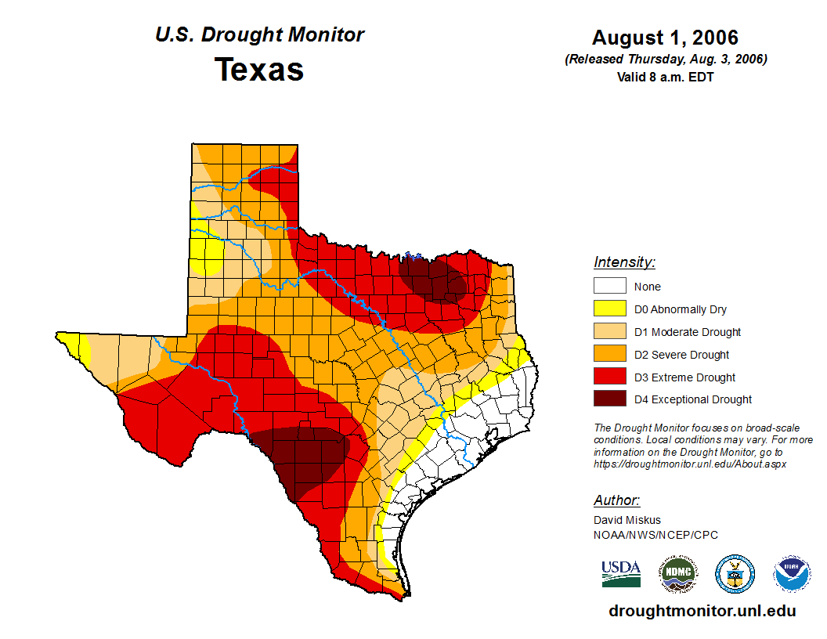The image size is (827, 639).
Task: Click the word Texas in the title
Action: [259, 70]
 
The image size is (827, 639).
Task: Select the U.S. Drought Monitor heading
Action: [259, 34]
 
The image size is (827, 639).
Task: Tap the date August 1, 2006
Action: [665, 38]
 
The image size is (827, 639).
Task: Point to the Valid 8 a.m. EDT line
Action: [665, 77]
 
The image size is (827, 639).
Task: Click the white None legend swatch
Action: [609, 287]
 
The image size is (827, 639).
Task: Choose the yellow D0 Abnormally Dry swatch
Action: [609, 309]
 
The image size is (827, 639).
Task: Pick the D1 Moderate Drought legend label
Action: [688, 332]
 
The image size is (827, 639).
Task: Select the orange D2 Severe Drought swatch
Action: [609, 355]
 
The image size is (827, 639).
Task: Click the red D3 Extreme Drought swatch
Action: [609, 377]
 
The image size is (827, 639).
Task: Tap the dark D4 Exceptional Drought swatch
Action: [609, 399]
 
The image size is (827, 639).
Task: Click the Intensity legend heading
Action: [624, 262]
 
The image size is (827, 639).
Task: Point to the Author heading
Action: [616, 500]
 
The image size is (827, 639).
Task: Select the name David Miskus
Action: [627, 520]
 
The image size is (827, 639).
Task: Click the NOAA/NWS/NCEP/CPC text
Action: [655, 535]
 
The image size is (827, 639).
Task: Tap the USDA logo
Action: [621, 573]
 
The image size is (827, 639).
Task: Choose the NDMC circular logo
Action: [677, 574]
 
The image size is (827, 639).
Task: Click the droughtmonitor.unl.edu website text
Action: [702, 611]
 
